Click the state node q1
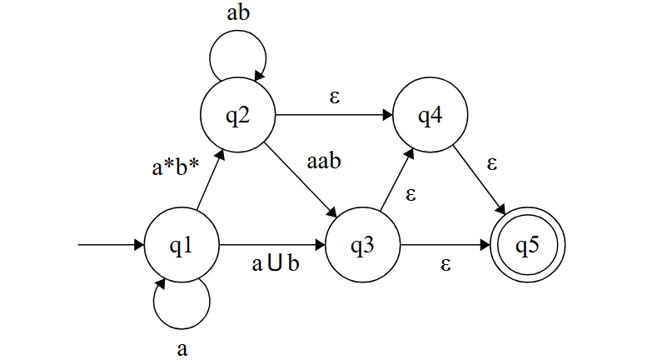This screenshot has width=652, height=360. point(182,246)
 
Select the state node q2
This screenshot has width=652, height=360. point(238,115)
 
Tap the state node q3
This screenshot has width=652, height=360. point(363,246)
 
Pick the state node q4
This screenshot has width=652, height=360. point(430,117)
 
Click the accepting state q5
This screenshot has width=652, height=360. point(528,246)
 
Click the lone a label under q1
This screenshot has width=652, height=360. point(183,347)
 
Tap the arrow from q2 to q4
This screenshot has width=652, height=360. point(333,116)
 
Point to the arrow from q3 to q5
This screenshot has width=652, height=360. point(445,246)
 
